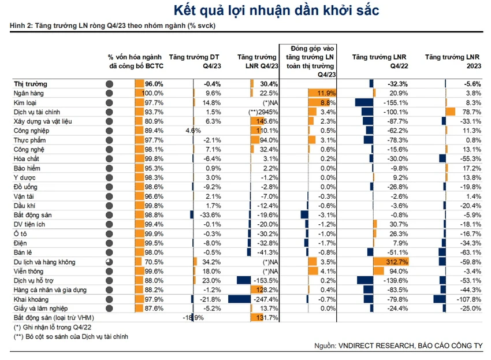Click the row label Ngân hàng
pyautogui.click(x=28, y=94)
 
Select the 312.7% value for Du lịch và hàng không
pyautogui.click(x=397, y=262)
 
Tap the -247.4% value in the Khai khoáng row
pyautogui.click(x=266, y=299)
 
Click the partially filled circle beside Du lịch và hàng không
pyautogui.click(x=109, y=262)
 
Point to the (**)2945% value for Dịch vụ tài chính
pyautogui.click(x=263, y=112)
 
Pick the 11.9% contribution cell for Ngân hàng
pyautogui.click(x=326, y=93)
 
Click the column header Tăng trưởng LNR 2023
pyautogui.click(x=453, y=61)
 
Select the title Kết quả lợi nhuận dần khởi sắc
pyautogui.click(x=276, y=10)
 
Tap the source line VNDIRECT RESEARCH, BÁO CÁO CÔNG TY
pyautogui.click(x=410, y=346)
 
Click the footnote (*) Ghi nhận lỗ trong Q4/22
pyautogui.click(x=53, y=328)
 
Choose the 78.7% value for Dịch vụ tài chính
pyautogui.click(x=471, y=112)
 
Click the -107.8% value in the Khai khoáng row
pyautogui.click(x=468, y=299)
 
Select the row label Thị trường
pyautogui.click(x=31, y=84)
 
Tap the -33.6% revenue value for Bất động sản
pyautogui.click(x=210, y=215)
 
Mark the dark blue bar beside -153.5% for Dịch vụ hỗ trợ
pyautogui.click(x=244, y=280)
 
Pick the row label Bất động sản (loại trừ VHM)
pyautogui.click(x=54, y=318)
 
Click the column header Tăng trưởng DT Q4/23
pyautogui.click(x=195, y=61)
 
